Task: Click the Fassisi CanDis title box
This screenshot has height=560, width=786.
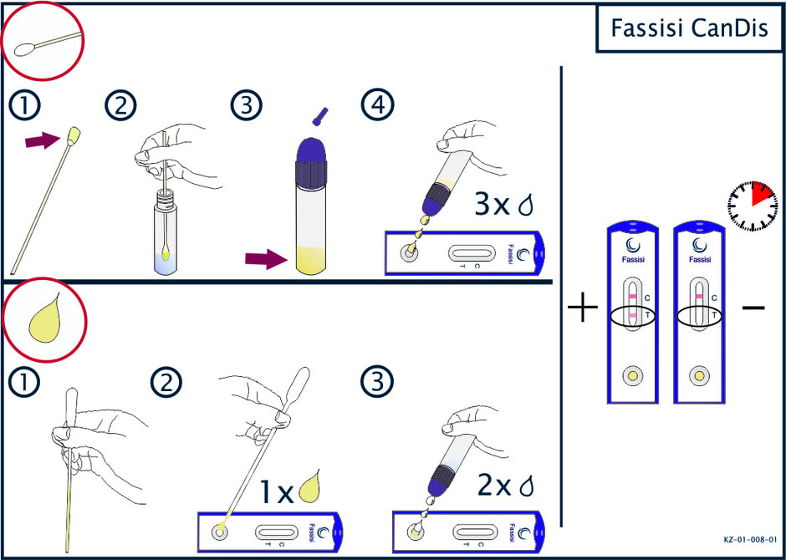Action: [690, 29]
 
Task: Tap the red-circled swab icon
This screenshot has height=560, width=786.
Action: [43, 41]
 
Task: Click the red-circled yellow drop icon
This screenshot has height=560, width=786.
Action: [44, 320]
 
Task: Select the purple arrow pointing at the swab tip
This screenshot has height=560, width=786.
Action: [42, 140]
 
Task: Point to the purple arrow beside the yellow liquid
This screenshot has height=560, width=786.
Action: [266, 259]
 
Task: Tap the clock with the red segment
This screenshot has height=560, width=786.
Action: [752, 206]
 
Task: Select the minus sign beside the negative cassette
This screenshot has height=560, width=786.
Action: [753, 307]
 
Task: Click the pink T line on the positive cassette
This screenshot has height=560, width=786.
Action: [633, 315]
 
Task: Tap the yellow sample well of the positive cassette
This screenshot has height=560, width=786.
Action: [633, 374]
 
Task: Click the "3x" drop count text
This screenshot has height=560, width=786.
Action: [492, 206]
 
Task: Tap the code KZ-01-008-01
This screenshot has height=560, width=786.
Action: [750, 540]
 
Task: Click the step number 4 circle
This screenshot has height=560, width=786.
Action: [377, 105]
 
